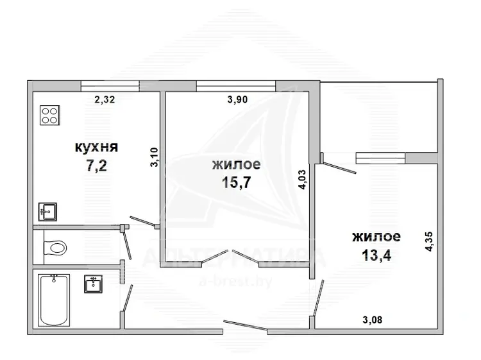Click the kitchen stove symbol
49,116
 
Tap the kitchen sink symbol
47,212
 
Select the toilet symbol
55,247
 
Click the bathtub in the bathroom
54,300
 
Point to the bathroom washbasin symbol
93,284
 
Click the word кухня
96,148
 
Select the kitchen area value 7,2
96,166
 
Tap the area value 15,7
236,183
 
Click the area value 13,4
376,255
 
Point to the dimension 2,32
105,99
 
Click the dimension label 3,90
237,99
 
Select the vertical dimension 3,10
154,157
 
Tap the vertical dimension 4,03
303,180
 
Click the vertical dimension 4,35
429,241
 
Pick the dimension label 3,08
373,320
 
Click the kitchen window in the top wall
110,85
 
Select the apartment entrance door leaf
245,325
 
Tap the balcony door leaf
339,167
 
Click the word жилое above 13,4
376,237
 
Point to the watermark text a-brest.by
235,281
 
